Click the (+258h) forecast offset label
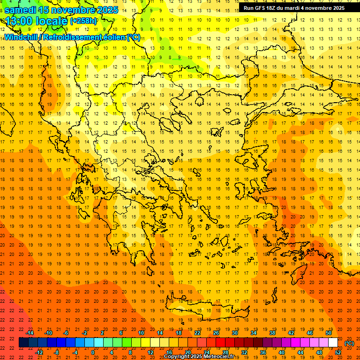coord(83,21)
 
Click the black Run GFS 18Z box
coord(294,7)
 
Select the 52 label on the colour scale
coord(337,352)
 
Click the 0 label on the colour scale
coord(93,352)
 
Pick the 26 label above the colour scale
coord(216,333)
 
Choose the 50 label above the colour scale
coord(329,333)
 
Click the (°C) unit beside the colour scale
coord(349,343)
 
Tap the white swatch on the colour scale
coord(333,343)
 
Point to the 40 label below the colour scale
coord(282,352)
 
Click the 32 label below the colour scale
coord(244,352)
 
